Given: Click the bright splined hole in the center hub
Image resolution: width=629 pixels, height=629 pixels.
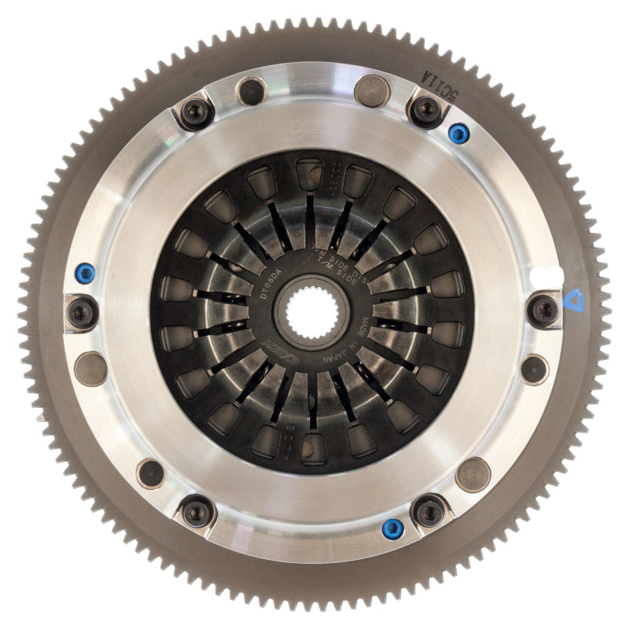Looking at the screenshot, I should coord(313,314).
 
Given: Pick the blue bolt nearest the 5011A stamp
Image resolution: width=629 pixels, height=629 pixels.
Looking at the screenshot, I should coord(458,132).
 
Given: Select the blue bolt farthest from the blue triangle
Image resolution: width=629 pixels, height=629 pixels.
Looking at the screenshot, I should coord(84,273).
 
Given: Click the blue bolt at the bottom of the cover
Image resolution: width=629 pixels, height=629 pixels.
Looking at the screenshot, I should coord(391,528).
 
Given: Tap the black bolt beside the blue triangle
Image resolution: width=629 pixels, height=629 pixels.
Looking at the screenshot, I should coord(543,311).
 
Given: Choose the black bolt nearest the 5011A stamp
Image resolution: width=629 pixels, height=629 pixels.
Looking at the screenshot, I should coord(426,110).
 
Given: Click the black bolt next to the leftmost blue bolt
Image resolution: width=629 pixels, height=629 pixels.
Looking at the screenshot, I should coord(82,312).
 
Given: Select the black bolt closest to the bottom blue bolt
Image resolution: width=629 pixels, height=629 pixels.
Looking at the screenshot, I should coord(429,511).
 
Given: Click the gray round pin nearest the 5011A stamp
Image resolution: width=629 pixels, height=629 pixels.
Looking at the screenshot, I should coord(372,91).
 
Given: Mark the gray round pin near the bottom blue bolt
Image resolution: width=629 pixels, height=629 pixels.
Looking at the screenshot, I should coord(473,475).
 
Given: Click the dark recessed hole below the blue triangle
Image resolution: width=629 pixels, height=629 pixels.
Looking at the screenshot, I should coord(534,368).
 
